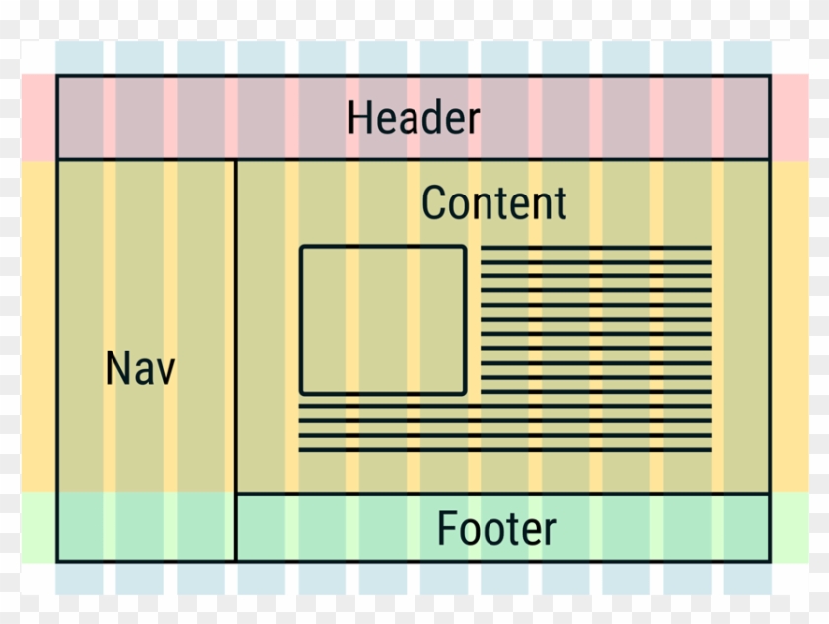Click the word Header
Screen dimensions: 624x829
click(x=414, y=118)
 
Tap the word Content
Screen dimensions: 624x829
click(x=493, y=203)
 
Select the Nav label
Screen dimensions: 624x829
click(x=140, y=369)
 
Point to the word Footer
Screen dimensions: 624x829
click(x=496, y=529)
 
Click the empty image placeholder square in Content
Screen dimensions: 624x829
click(x=383, y=320)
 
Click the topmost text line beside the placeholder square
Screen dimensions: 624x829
click(x=596, y=248)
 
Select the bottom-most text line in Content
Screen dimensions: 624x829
click(x=504, y=450)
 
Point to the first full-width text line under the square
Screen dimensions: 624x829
click(x=504, y=405)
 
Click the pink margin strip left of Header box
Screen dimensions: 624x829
click(x=38, y=117)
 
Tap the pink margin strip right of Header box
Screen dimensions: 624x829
click(x=790, y=117)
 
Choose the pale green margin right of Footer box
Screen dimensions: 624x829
click(x=790, y=527)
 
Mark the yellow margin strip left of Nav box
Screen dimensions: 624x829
click(x=38, y=326)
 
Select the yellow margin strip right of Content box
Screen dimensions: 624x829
click(x=790, y=326)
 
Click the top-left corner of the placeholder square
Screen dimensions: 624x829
click(x=302, y=248)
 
